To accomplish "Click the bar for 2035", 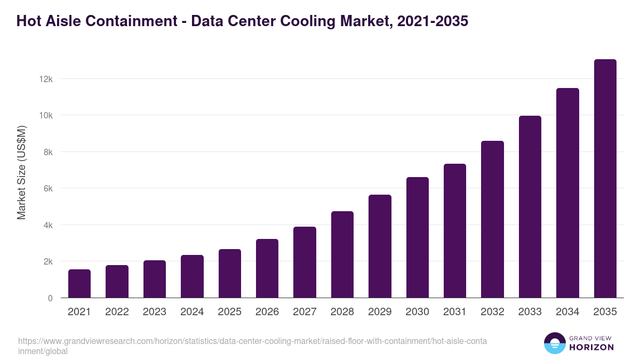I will point(605,179).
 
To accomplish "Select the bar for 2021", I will point(79,284).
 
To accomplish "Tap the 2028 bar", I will point(342,254).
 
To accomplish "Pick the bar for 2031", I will point(455,231).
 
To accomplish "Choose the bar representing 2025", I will point(230,274).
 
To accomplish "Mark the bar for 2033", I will point(530,207).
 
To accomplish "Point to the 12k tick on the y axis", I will point(46,79).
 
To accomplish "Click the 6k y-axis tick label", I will point(47,188).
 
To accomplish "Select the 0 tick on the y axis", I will point(50,298).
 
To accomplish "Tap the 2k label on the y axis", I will point(47,262).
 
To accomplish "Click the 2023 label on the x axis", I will point(154,312).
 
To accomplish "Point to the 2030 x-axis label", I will point(417,312).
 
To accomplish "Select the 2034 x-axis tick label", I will point(567,312).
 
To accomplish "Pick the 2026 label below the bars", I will point(267,312).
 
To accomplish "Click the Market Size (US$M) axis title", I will point(21,173).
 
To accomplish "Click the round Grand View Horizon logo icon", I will point(554,343).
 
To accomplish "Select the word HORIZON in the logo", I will point(591,347).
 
